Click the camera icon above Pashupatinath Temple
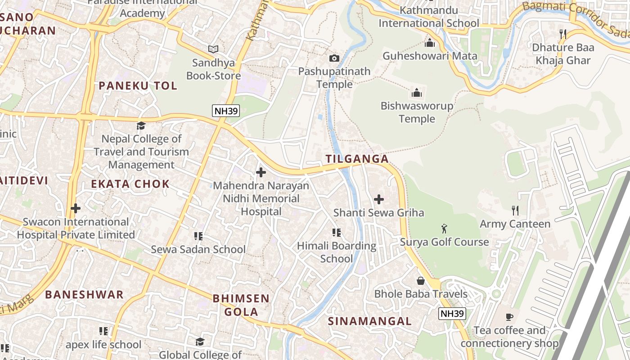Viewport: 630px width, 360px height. (334, 58)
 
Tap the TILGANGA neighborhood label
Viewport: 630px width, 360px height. (357, 159)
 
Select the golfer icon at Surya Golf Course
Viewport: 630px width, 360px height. (445, 229)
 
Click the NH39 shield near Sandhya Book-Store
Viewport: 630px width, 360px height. (226, 111)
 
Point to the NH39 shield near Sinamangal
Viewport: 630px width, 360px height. (452, 314)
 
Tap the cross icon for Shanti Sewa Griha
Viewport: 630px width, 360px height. (379, 199)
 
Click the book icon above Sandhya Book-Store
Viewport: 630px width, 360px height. (213, 49)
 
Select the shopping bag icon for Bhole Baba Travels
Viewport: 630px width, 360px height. (421, 281)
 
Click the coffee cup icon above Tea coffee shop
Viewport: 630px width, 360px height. (509, 317)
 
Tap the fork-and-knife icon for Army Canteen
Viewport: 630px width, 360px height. (515, 210)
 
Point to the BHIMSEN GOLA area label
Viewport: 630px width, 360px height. (241, 305)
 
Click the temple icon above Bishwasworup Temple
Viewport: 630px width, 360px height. (417, 93)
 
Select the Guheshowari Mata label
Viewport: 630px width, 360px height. (429, 56)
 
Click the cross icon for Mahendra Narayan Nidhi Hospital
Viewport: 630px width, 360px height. (261, 172)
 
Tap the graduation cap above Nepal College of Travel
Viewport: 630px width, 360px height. (141, 126)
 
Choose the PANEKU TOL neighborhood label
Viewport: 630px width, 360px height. (138, 86)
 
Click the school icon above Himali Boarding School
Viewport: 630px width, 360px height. (336, 232)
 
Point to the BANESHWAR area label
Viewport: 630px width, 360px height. (84, 295)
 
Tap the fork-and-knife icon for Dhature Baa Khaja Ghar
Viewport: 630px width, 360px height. (562, 34)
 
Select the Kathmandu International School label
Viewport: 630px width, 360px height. (428, 17)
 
